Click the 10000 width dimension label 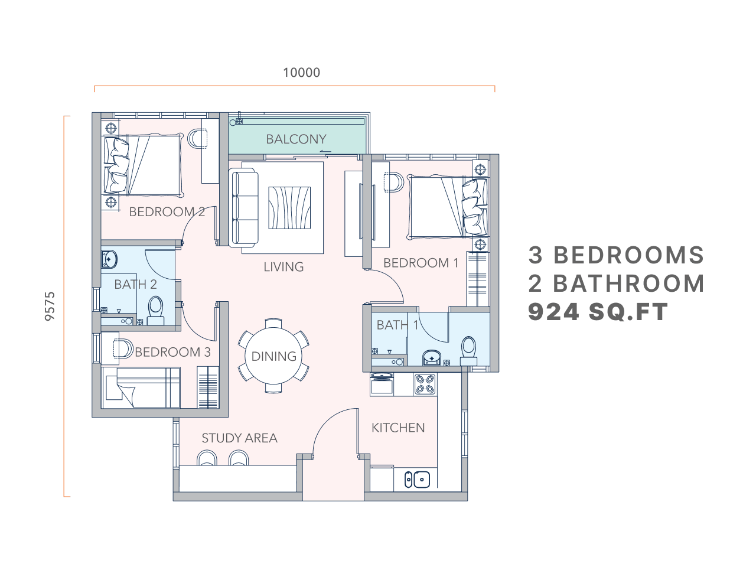tap(301, 73)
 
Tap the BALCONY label tap(296, 139)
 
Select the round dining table tap(273, 356)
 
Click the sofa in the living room tap(244, 207)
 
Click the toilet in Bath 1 tap(468, 351)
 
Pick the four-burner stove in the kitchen tap(425, 384)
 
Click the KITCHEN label tap(398, 428)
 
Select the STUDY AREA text tap(239, 438)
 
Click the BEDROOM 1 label tap(421, 263)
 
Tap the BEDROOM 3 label tap(172, 353)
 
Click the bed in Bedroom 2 tap(144, 165)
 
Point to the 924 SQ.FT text tap(598, 312)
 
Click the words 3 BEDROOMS tap(616, 255)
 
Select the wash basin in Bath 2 tap(110, 259)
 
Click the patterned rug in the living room tap(289, 207)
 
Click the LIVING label tap(283, 267)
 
